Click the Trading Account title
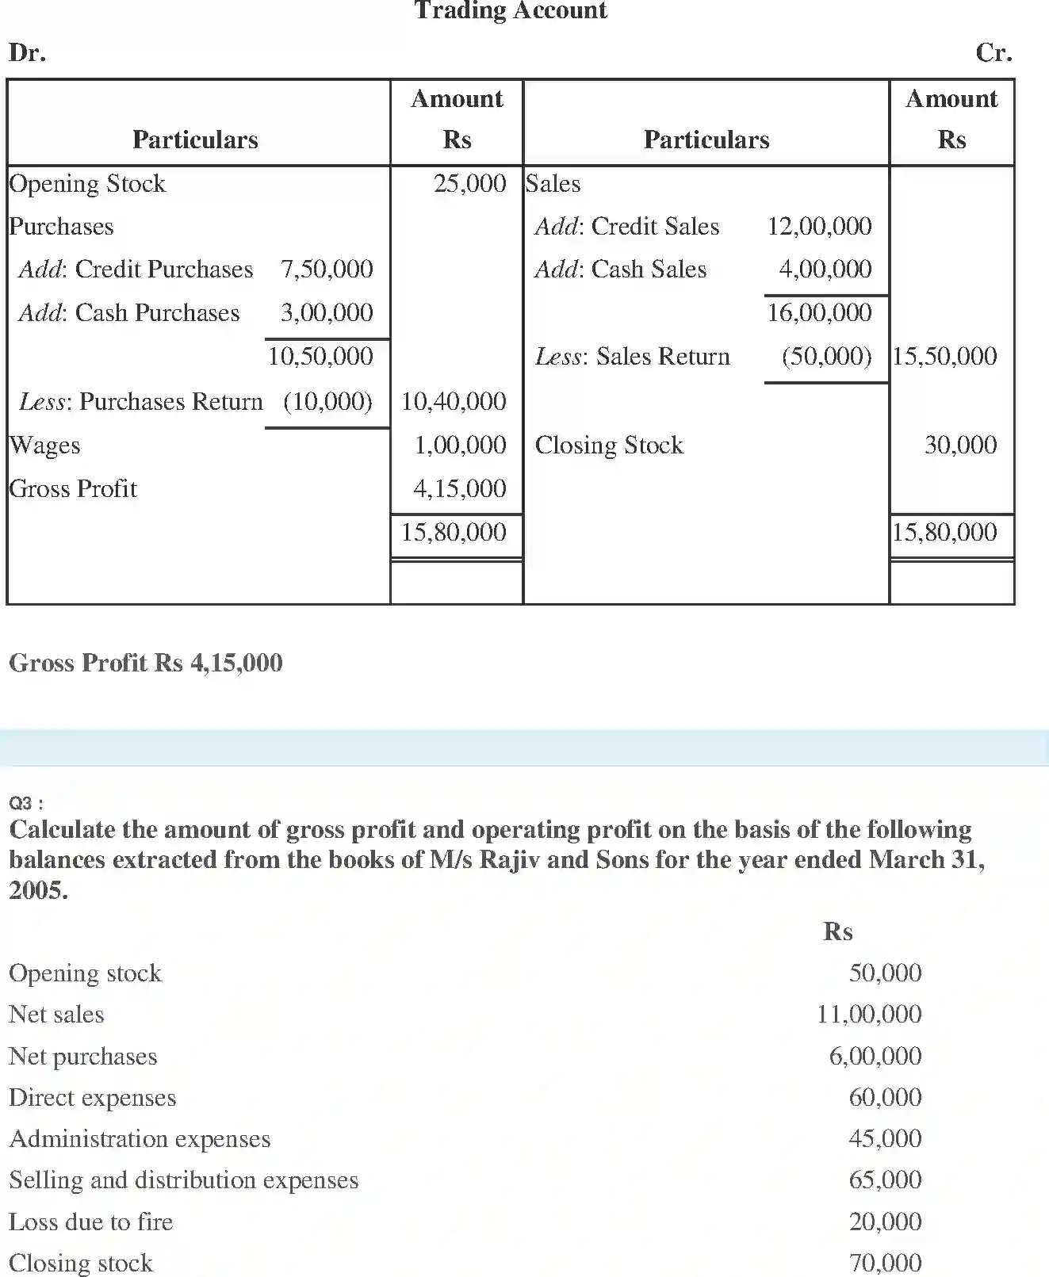(511, 10)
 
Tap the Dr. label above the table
(28, 52)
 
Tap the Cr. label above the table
(993, 52)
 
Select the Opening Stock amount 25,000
(469, 183)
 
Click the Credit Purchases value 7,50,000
(327, 269)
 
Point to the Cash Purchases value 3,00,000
(327, 312)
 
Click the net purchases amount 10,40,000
(454, 401)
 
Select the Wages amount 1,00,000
(460, 445)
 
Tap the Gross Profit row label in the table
(73, 488)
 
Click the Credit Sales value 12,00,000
(819, 226)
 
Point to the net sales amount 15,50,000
(944, 356)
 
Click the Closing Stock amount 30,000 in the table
(960, 445)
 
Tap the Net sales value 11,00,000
(869, 1014)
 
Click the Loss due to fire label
(91, 1222)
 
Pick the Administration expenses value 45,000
(885, 1138)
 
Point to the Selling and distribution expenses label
(184, 1180)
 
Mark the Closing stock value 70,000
(885, 1262)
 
